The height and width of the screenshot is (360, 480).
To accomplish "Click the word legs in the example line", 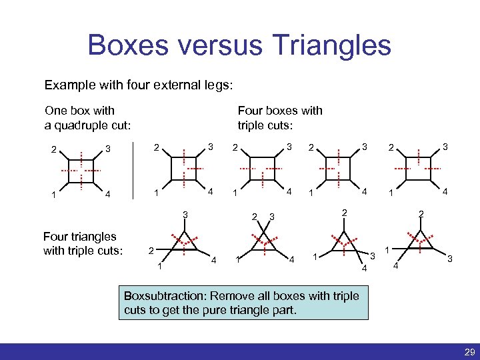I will pos(216,85).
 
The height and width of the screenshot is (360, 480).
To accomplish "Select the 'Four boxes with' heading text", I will pos(280,111).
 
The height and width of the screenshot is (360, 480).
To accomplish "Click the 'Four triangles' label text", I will pos(79,236).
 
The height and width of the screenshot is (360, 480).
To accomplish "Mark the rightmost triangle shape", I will pos(419,242).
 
